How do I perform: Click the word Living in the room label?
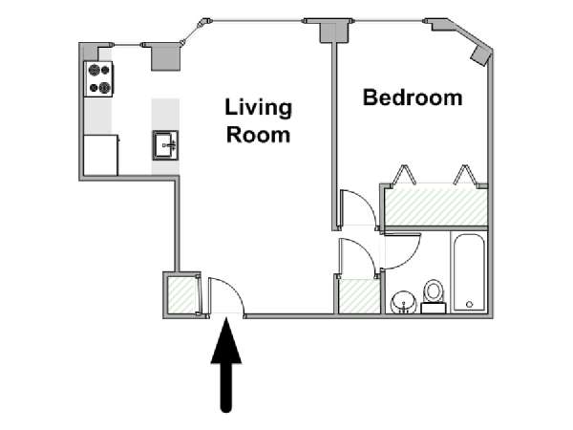click(258, 106)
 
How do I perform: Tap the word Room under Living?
click(258, 134)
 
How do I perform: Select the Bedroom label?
click(413, 97)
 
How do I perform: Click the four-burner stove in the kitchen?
click(98, 78)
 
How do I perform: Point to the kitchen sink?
click(164, 146)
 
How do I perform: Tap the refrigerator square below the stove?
click(100, 155)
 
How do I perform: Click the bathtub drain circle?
click(469, 305)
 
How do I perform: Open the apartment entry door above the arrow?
click(225, 296)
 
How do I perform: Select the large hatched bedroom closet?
click(435, 206)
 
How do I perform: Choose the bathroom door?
click(401, 250)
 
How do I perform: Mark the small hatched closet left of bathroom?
click(358, 295)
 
